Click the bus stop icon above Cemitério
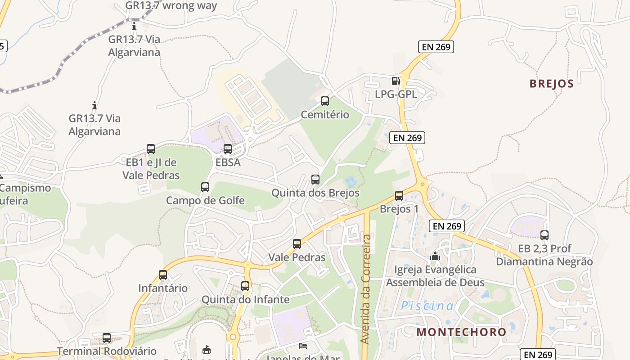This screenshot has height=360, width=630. (x=324, y=101)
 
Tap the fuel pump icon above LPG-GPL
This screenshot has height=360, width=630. (x=396, y=81)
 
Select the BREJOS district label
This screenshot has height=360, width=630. (x=551, y=84)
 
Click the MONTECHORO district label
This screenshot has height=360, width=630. (x=461, y=332)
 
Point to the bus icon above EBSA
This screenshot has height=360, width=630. (x=228, y=148)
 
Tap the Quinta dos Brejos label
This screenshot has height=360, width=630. (x=315, y=193)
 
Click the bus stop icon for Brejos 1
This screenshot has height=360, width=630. (x=399, y=195)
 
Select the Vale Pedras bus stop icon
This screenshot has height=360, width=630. (x=297, y=243)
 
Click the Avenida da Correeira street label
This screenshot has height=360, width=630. (x=366, y=288)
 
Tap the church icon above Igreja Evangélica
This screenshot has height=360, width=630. (x=435, y=256)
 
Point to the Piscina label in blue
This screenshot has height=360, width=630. (x=427, y=306)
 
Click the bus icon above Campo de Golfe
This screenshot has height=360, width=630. (x=205, y=187)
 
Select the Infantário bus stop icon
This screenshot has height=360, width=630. (x=163, y=274)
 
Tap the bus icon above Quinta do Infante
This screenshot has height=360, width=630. (x=245, y=286)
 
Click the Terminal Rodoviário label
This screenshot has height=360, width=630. (x=107, y=351)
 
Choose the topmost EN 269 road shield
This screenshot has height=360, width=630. (x=436, y=47)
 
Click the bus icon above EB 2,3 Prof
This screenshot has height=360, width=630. (x=544, y=235)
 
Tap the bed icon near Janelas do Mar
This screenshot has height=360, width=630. (x=303, y=346)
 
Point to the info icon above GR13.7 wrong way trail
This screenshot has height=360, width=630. (x=134, y=26)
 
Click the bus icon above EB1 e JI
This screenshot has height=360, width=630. (x=151, y=148)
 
